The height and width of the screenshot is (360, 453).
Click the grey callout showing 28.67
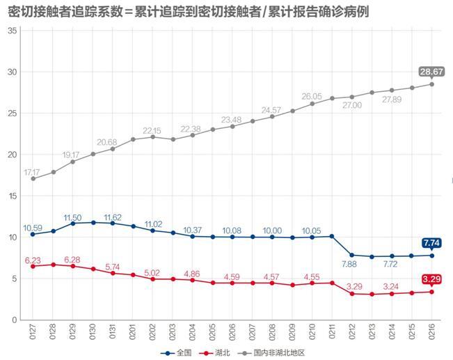[431, 72]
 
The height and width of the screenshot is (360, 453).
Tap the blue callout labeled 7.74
[431, 243]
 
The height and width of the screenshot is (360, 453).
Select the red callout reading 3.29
[431, 279]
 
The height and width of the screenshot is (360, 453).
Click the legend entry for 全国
[176, 353]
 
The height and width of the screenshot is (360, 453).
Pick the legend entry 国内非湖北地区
[271, 353]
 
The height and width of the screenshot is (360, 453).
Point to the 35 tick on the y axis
[12, 31]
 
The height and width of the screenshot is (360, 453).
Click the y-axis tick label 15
[13, 196]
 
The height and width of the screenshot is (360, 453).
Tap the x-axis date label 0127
[33, 331]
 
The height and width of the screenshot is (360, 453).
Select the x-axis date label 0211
[332, 331]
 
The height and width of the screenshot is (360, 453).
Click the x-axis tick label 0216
[432, 331]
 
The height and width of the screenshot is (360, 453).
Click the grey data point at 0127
[33, 179]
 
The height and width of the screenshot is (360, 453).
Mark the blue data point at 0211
[332, 236]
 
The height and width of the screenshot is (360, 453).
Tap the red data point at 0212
[352, 293]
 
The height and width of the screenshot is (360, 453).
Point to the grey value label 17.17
[32, 172]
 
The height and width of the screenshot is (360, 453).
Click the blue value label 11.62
[113, 217]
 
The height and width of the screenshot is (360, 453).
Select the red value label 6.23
[33, 260]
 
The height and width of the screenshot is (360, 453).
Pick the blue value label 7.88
[349, 264]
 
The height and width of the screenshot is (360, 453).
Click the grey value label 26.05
[312, 97]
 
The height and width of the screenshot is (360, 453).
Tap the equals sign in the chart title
[129, 13]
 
